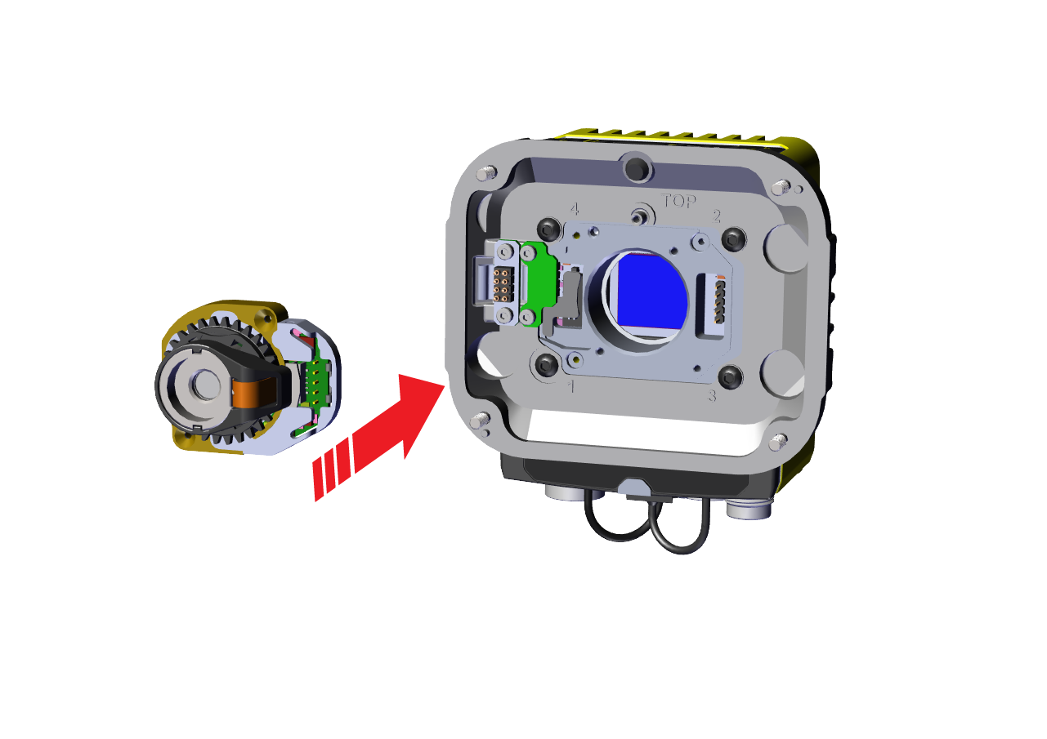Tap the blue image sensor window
pos(652,292)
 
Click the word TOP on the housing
pos(678,201)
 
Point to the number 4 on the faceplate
pos(575,209)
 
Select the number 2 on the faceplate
pos(716,216)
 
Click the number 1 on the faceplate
pos(570,386)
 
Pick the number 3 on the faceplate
pos(712,396)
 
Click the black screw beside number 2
pos(733,238)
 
